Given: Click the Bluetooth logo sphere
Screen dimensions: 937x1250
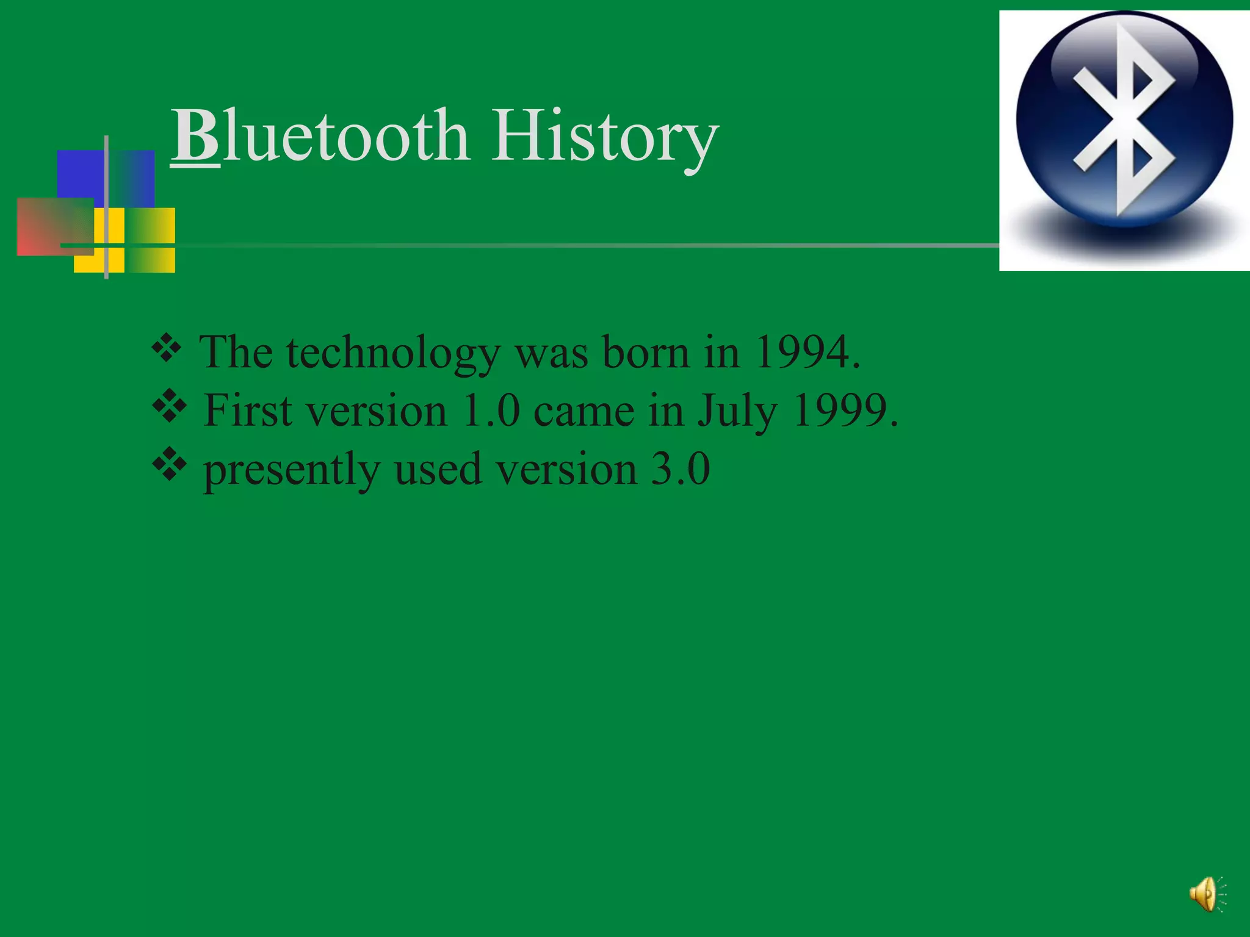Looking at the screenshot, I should (x=1124, y=120).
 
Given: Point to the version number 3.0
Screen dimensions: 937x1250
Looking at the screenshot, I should (x=680, y=469).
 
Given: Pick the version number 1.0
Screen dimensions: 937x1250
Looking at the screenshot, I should (x=491, y=411).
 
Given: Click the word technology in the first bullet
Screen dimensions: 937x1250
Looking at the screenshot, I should (x=393, y=354).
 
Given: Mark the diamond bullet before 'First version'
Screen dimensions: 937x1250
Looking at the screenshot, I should (x=169, y=406).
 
